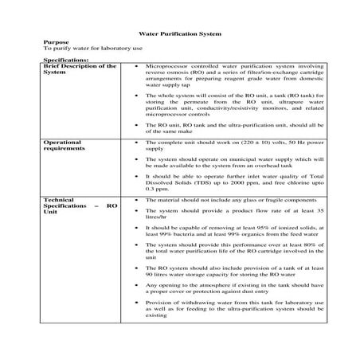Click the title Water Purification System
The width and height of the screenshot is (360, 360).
180,35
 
